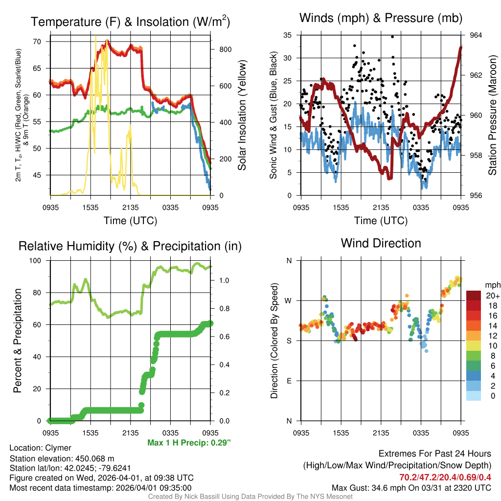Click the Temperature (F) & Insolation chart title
click(x=130, y=22)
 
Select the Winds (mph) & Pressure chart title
click(x=381, y=19)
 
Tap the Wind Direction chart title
click(x=381, y=243)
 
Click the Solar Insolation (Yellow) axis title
click(x=242, y=115)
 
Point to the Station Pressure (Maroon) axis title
click(x=492, y=115)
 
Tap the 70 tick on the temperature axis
click(x=37, y=42)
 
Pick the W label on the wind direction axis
click(x=289, y=300)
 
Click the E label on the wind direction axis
click(x=289, y=381)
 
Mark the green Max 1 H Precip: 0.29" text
click(x=189, y=443)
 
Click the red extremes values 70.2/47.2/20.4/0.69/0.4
click(x=445, y=477)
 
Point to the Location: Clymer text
click(x=40, y=448)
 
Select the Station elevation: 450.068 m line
click(x=62, y=458)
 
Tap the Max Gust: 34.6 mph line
click(x=411, y=487)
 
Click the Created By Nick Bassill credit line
click(x=250, y=497)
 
